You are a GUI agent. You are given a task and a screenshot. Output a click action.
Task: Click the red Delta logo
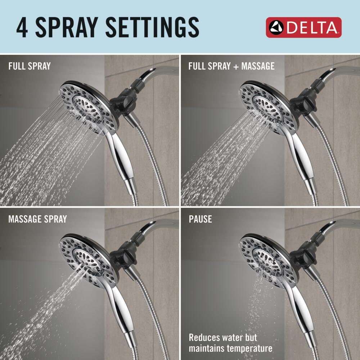click(x=303, y=27)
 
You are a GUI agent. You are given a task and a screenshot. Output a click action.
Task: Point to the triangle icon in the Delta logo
click(x=277, y=27)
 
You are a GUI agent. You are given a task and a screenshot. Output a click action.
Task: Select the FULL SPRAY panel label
click(x=30, y=66)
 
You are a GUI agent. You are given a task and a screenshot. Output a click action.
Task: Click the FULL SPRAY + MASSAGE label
click(x=231, y=66)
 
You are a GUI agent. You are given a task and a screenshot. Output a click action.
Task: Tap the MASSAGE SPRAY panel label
click(x=37, y=219)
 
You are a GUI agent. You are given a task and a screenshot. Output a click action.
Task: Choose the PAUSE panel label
click(x=200, y=219)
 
